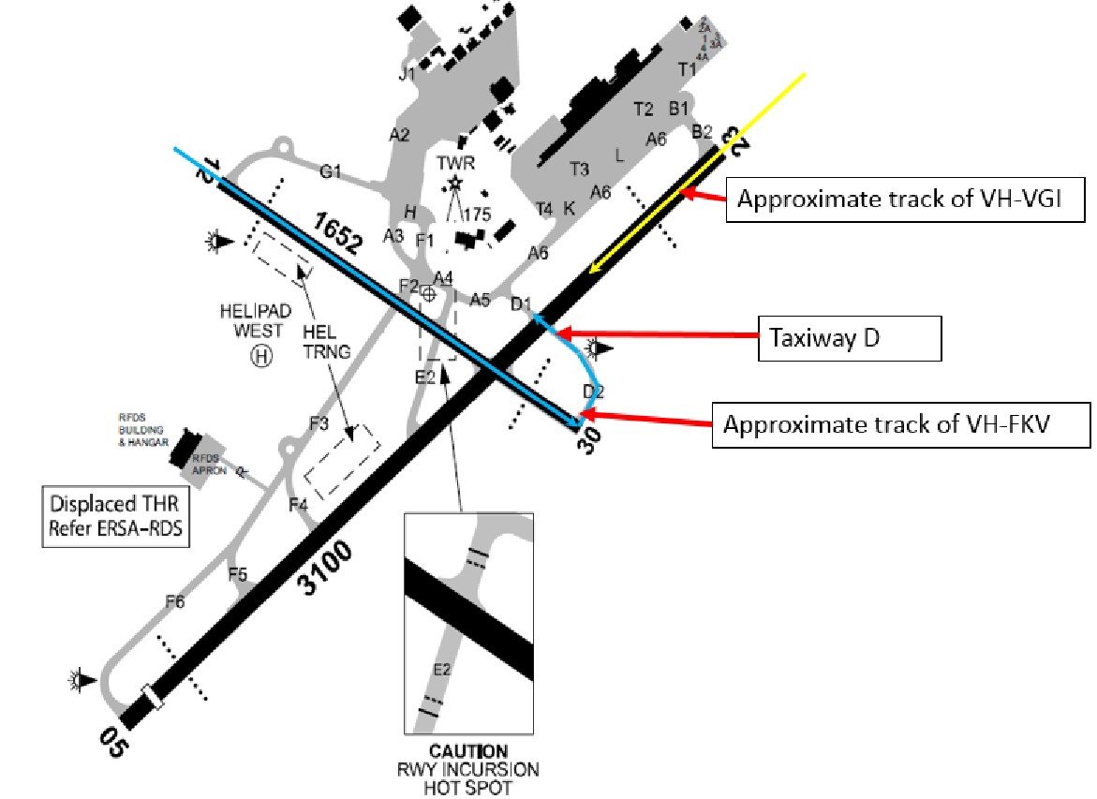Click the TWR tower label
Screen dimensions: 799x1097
coord(456,161)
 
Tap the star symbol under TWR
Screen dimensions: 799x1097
coord(456,183)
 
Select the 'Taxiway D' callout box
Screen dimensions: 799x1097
coord(848,338)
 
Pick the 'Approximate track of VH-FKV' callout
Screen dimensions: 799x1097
coord(901,425)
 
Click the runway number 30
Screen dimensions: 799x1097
coord(589,441)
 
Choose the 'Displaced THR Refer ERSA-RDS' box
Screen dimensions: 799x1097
coord(113,516)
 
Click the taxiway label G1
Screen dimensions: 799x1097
coord(332,172)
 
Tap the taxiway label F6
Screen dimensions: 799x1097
coord(174,601)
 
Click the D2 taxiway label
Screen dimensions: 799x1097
coord(594,391)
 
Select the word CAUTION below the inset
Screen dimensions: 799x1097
coord(468,751)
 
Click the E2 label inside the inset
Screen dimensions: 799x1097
coord(442,670)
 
